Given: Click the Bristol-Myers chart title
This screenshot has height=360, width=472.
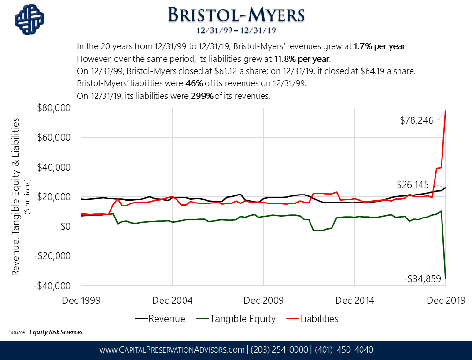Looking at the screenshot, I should click(x=236, y=15).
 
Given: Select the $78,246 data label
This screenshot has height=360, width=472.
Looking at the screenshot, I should click(x=417, y=120).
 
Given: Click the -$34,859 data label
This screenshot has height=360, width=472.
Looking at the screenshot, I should click(x=422, y=279).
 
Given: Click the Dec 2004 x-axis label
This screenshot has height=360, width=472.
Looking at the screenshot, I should click(x=172, y=300).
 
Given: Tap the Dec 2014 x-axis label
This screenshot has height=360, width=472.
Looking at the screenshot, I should click(x=354, y=300).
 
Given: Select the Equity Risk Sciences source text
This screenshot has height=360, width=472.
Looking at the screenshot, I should click(x=56, y=332).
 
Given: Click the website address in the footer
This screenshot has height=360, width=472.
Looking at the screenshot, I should click(x=172, y=350).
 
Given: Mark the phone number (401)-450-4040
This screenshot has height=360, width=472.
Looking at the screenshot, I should click(x=344, y=350).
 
